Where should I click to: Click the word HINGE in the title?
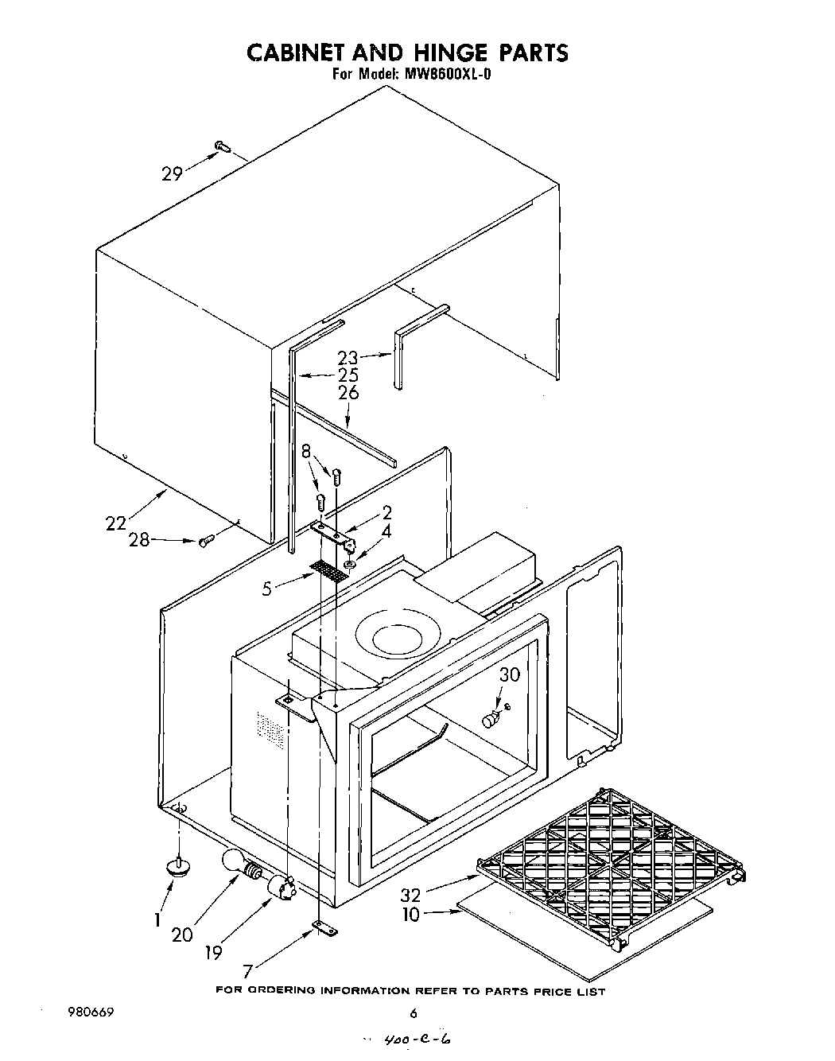click(449, 53)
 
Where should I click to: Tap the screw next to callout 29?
click(222, 146)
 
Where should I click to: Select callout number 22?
click(117, 523)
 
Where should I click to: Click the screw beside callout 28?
click(205, 540)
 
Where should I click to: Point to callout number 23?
click(348, 359)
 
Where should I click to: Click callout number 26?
click(348, 393)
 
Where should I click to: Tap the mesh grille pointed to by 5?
click(328, 570)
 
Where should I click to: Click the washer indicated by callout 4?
click(350, 564)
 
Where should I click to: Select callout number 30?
click(510, 674)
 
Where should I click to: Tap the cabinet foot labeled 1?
click(177, 867)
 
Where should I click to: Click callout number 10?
click(410, 915)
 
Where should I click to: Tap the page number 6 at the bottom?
click(413, 1013)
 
